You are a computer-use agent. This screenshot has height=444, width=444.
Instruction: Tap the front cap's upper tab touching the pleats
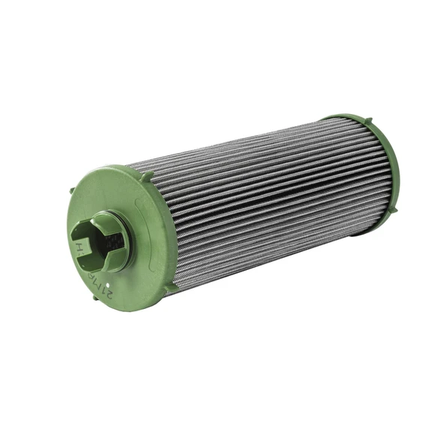point(147,175)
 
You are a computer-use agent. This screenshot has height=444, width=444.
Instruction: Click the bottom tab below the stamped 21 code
point(97,297)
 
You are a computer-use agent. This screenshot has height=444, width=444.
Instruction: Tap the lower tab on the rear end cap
point(387,220)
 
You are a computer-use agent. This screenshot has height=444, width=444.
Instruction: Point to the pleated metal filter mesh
point(262,195)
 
